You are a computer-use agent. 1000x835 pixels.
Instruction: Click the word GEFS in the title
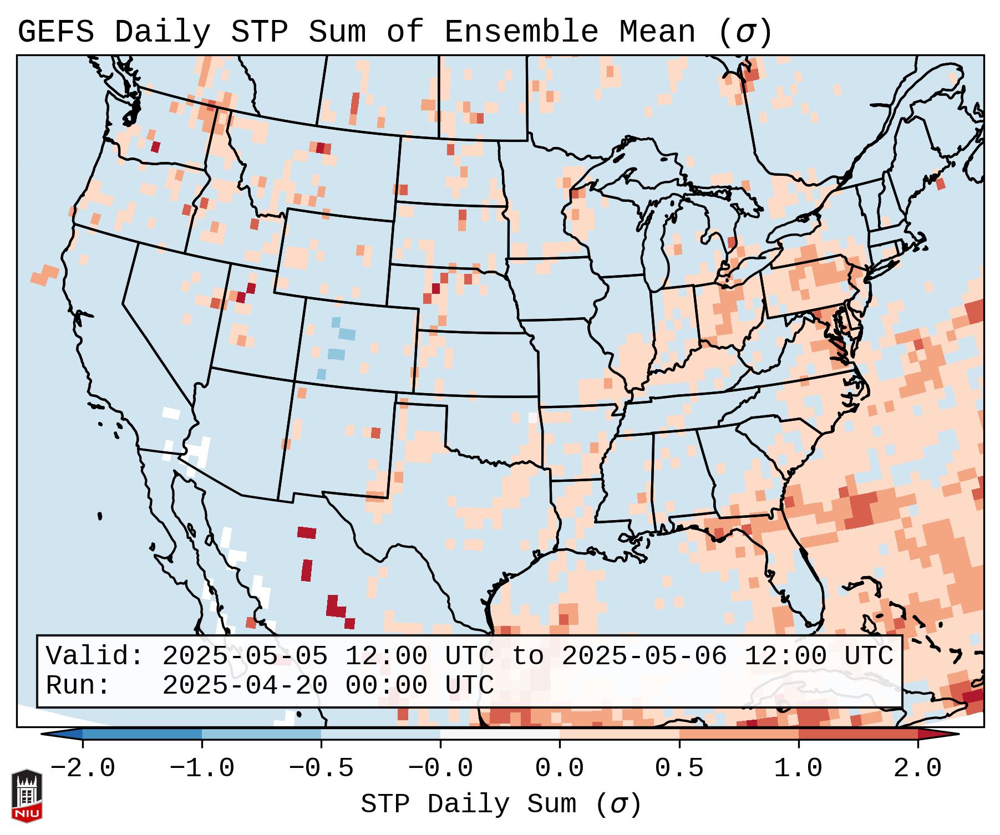56,32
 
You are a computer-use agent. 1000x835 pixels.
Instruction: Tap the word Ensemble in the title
521,32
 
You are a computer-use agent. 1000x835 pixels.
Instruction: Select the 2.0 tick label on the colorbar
918,768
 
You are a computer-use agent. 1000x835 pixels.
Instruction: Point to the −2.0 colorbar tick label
83,768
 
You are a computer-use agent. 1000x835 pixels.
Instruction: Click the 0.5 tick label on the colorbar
679,768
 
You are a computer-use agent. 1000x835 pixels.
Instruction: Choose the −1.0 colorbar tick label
202,768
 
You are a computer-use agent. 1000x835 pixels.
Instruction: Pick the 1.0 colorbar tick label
799,768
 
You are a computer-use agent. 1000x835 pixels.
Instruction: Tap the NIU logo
27,795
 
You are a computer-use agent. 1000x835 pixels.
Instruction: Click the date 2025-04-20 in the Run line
245,686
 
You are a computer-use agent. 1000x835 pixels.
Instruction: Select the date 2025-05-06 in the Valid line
644,656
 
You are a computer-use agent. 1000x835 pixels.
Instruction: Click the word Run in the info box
71,686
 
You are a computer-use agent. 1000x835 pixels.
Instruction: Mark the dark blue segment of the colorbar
142,735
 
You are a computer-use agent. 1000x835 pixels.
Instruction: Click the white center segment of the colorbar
500,735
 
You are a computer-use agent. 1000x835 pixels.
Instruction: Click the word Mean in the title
657,32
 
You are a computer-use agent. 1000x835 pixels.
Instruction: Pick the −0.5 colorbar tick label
321,768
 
